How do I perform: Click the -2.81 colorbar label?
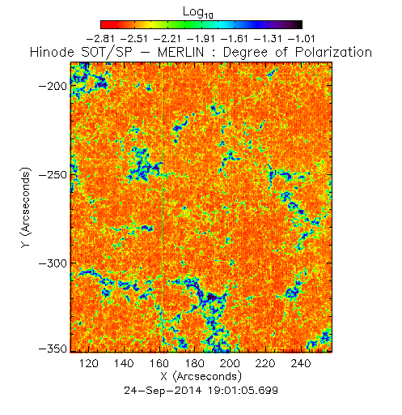[100, 39]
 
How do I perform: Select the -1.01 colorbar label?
[301, 39]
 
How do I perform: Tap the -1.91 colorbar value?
[201, 39]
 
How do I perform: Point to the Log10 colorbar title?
[198, 13]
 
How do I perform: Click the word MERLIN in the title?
[180, 52]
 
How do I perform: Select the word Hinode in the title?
[52, 52]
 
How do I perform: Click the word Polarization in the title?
[333, 52]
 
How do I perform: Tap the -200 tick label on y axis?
[53, 87]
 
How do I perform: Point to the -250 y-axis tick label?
[53, 175]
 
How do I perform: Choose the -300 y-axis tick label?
[53, 263]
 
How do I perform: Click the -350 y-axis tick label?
[53, 349]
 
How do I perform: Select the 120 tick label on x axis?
[88, 363]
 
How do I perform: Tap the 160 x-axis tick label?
[159, 363]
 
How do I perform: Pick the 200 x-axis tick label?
[230, 363]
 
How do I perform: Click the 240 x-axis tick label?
[301, 363]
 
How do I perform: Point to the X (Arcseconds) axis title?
[201, 376]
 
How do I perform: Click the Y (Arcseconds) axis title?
[26, 207]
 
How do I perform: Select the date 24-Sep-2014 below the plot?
[163, 391]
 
